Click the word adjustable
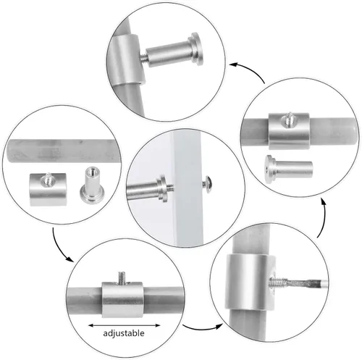124,333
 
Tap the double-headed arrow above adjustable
124,325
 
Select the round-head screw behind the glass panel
206,184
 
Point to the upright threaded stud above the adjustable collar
122,277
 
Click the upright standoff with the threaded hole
92,185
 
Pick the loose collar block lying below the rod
48,189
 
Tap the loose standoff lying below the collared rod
289,169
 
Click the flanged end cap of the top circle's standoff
196,49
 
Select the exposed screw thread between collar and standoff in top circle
143,58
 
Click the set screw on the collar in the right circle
289,120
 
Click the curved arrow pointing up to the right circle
323,217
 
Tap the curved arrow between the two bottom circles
202,328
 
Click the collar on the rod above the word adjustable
122,299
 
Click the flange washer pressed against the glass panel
162,188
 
